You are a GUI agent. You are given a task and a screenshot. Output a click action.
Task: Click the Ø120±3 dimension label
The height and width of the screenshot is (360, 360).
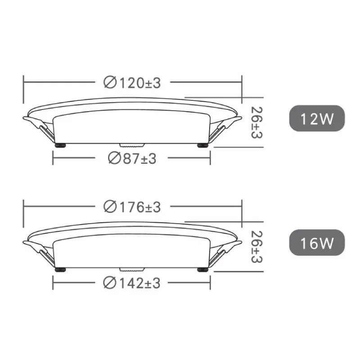click(132, 83)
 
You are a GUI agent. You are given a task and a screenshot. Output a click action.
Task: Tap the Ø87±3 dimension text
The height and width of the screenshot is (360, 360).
click(132, 158)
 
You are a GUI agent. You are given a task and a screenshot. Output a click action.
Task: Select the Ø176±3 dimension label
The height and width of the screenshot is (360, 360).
click(132, 207)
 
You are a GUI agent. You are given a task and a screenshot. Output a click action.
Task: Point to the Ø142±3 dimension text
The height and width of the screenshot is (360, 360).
click(132, 283)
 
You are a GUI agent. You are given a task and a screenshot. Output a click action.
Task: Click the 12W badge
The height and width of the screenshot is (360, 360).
click(317, 118)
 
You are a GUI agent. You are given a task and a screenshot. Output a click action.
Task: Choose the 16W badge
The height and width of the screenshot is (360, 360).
click(317, 243)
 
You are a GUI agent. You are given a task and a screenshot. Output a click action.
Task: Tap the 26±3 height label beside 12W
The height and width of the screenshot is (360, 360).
click(256, 122)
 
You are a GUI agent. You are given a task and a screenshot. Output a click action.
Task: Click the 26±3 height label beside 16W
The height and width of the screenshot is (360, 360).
click(256, 247)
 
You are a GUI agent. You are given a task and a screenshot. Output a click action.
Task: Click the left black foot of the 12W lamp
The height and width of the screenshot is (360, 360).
click(60, 145)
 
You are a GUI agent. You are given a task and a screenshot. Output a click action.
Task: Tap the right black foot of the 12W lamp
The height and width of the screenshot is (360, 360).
click(203, 145)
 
